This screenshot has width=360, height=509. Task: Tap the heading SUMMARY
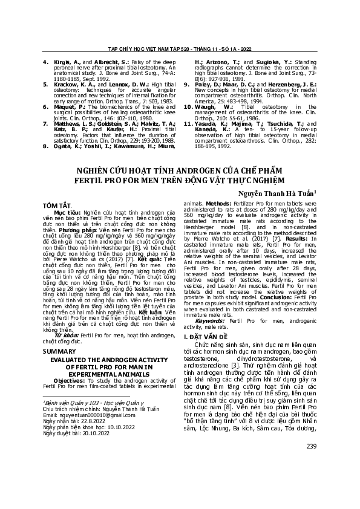[59, 350]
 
